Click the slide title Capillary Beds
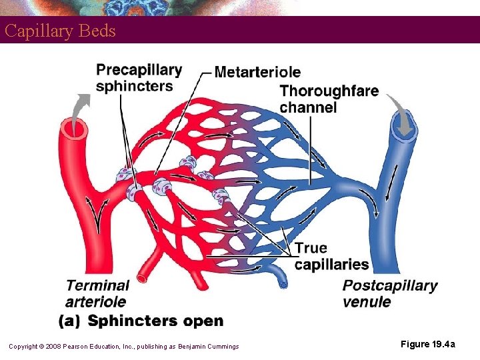60,31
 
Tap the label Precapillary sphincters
139,77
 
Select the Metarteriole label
257,72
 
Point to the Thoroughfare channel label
329,99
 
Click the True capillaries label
331,256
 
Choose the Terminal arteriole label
97,293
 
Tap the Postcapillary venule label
390,293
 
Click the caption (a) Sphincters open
141,321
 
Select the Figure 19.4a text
428,344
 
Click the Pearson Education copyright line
123,346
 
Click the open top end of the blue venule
404,131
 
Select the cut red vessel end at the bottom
141,278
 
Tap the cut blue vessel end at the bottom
283,283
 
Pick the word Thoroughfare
329,91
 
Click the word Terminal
97,286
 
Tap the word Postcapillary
390,286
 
